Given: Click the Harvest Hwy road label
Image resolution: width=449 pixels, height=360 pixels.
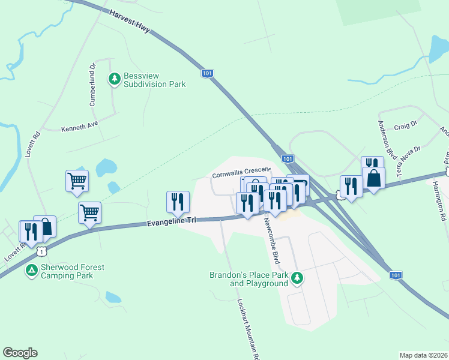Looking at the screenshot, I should click(130, 20).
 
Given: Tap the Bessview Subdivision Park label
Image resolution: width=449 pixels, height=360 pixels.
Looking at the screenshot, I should click(154, 80).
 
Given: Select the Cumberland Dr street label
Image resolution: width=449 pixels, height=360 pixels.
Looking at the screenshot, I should click(93, 85).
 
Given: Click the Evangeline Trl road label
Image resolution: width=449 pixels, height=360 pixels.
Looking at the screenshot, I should click(172, 222).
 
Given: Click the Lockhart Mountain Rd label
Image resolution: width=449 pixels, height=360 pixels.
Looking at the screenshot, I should click(247, 329).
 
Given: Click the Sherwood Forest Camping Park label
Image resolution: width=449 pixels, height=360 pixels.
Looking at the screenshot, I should click(73, 271).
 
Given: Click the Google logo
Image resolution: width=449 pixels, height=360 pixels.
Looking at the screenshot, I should click(20, 353).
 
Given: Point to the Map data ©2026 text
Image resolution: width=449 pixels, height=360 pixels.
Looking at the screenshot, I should click(423, 355).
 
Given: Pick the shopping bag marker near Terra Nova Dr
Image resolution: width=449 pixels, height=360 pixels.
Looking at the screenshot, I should click(373, 178).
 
